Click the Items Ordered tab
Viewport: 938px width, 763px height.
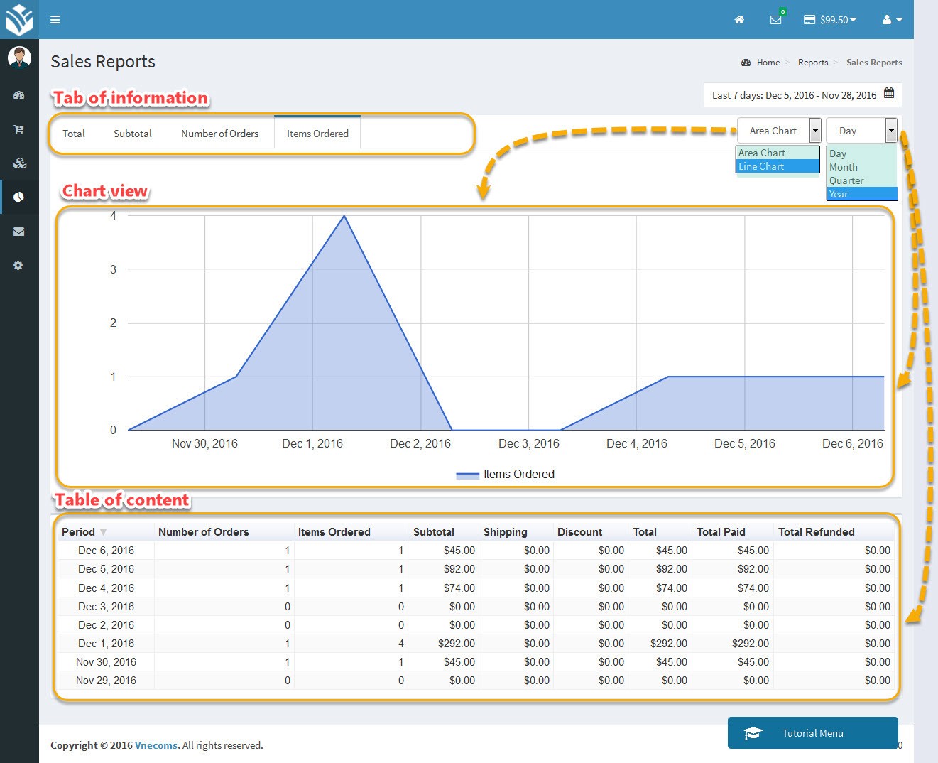317,134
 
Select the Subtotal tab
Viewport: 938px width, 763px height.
133,134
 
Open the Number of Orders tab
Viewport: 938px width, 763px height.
219,134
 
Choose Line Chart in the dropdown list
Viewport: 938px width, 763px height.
761,166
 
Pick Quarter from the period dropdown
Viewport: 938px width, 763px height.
846,180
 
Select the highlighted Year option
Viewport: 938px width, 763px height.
839,194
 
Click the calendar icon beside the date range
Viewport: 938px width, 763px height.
889,94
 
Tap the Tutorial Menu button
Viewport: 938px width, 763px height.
812,733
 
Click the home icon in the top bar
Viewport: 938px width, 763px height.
739,20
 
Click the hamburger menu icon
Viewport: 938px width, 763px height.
55,20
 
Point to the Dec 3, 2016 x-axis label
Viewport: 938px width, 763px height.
529,443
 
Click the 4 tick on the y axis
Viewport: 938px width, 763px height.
113,215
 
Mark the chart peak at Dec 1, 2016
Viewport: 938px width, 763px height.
344,216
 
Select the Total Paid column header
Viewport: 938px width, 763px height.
721,532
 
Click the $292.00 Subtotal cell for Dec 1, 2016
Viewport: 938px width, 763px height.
456,644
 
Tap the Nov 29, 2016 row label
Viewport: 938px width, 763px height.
106,681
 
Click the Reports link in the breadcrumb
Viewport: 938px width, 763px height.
813,63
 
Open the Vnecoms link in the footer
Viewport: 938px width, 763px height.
156,745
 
